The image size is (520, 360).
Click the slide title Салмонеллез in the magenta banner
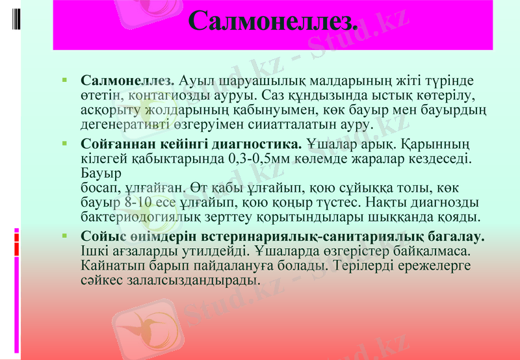pos(273,21)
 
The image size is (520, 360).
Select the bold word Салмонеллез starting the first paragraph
pos(127,81)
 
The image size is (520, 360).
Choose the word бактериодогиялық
pos(134,216)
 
